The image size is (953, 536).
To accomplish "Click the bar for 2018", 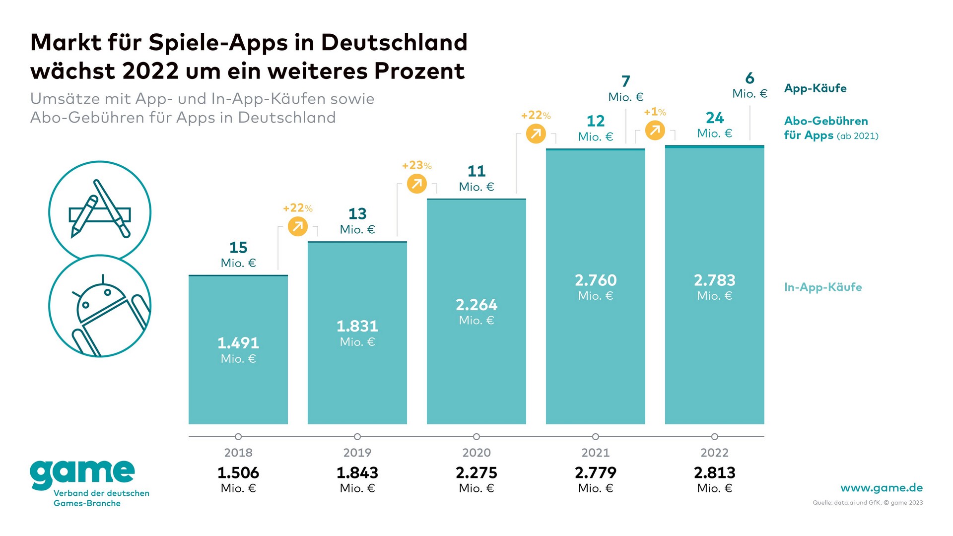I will [238, 349].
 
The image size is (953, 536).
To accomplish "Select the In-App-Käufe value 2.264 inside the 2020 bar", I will [476, 305].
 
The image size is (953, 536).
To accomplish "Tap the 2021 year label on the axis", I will [595, 453].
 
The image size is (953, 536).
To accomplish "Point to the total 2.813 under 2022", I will [714, 472].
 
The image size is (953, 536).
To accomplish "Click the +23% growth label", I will [416, 165].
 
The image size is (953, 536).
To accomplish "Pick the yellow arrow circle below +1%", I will [655, 131].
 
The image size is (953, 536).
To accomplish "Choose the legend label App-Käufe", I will [815, 88].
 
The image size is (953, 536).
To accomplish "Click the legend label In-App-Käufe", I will [822, 287].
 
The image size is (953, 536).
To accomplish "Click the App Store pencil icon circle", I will [100, 211].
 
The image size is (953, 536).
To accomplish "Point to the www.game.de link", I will [882, 488].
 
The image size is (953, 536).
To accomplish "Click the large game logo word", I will [82, 472].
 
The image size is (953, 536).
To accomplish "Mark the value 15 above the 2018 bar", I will [238, 247].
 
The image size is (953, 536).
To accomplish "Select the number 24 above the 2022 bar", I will [714, 118].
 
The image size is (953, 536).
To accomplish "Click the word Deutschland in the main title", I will [394, 43].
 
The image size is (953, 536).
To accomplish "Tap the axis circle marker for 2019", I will [357, 437].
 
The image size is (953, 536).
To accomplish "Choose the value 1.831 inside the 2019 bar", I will [357, 326].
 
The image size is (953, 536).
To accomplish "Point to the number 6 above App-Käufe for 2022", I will [749, 78].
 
